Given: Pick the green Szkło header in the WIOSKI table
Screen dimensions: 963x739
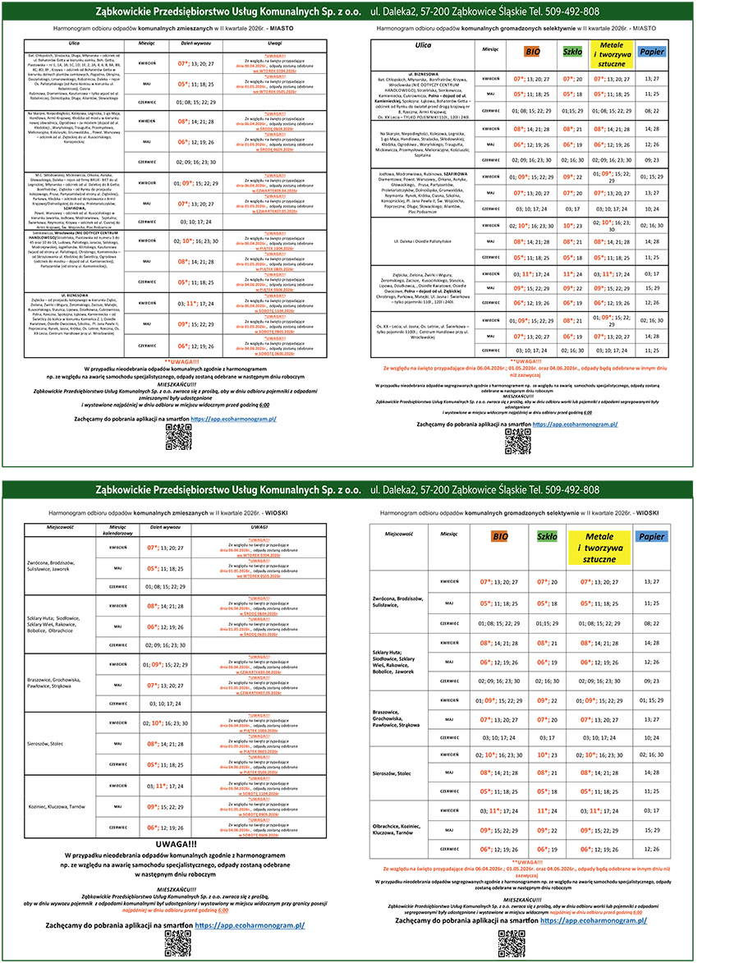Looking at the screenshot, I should [x=547, y=536].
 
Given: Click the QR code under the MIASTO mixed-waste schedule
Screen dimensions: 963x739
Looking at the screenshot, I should [x=178, y=438].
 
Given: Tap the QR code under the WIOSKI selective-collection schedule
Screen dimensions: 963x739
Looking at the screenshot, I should [x=511, y=938].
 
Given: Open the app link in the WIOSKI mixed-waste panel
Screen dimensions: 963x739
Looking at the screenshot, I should [x=247, y=925].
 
